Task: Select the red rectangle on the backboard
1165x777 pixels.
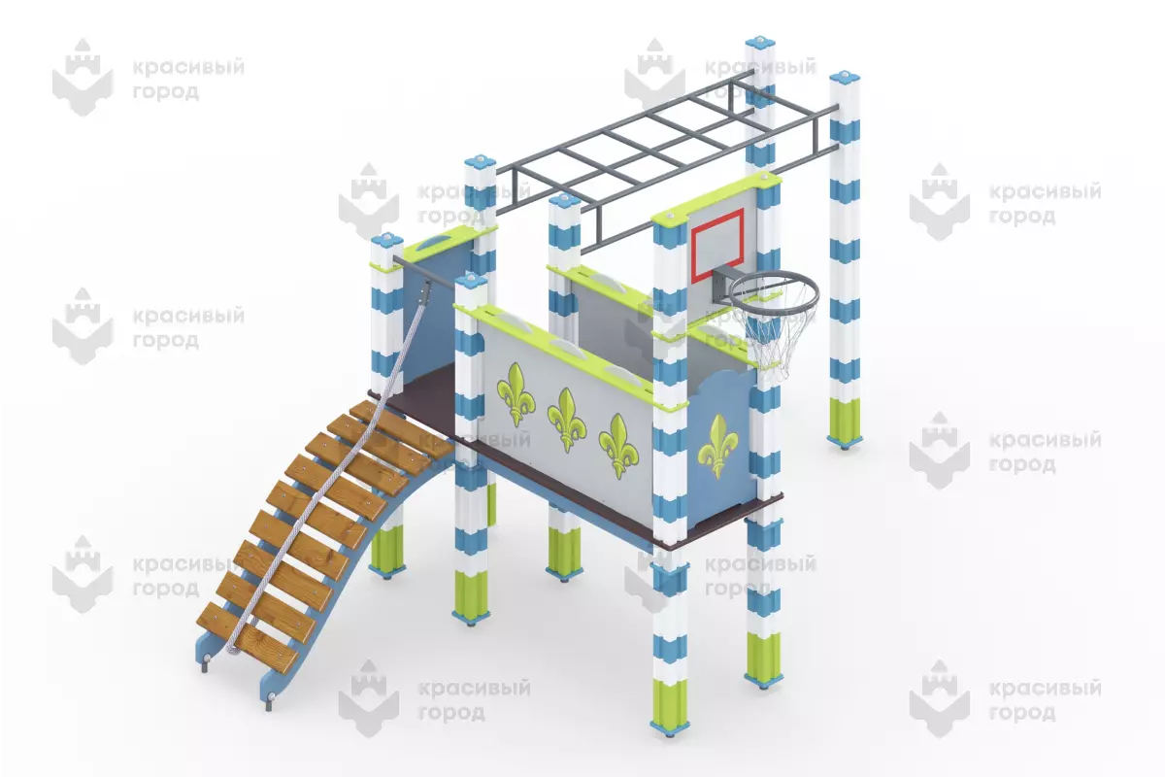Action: [716, 245]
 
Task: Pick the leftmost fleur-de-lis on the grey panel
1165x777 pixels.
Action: [516, 394]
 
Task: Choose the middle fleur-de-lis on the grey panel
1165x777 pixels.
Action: [566, 420]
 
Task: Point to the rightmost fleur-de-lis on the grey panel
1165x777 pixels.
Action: [617, 446]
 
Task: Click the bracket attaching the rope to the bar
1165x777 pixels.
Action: [425, 292]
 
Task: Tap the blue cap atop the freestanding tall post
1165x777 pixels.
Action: [845, 79]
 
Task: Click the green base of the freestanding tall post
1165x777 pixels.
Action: [844, 422]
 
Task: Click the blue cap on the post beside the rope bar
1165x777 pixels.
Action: [387, 241]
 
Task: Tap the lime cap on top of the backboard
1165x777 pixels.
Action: [716, 197]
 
